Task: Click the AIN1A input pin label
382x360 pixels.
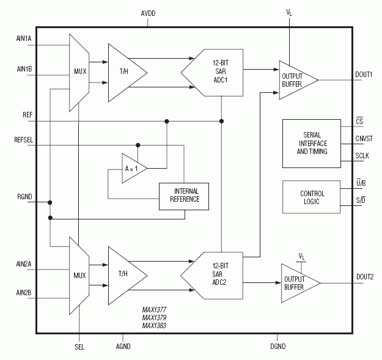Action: (x=24, y=39)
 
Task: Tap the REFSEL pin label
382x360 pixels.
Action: (x=24, y=140)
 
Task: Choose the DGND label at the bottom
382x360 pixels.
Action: (x=278, y=347)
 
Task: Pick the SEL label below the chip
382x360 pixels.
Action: (x=79, y=347)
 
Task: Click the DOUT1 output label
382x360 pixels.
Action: (x=364, y=75)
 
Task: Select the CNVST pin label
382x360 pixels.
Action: (x=364, y=139)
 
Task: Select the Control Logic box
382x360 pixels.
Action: (x=312, y=197)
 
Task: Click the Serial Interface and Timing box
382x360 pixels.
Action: (x=312, y=143)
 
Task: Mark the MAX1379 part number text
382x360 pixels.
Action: (x=154, y=318)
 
